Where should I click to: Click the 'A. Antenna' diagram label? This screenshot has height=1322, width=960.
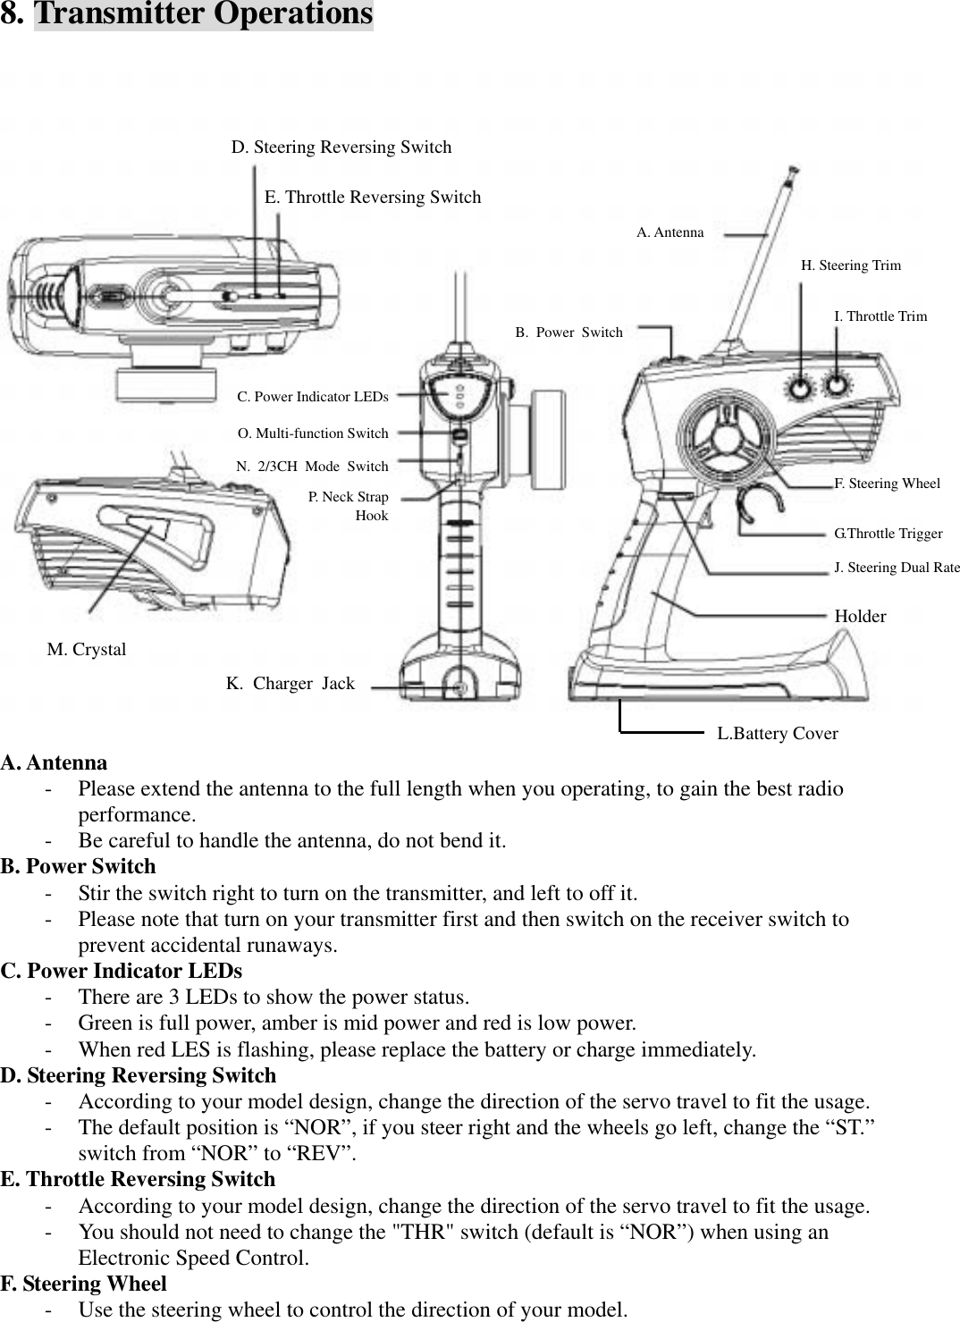(x=669, y=232)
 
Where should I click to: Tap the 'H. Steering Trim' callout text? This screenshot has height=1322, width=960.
(x=850, y=265)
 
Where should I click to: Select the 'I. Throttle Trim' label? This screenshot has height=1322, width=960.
(x=880, y=316)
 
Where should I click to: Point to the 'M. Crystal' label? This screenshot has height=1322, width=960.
(x=87, y=650)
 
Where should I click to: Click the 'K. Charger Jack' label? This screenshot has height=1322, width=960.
(x=291, y=684)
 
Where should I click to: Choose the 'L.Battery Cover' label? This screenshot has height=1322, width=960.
(x=778, y=734)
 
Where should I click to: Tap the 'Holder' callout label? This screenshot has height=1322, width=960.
(x=860, y=617)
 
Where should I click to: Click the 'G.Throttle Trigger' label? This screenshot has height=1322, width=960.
(x=888, y=534)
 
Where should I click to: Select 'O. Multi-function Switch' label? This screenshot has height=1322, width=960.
(x=313, y=434)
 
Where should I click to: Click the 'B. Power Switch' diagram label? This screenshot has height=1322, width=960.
(x=569, y=333)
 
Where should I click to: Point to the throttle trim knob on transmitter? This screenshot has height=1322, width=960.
(x=837, y=384)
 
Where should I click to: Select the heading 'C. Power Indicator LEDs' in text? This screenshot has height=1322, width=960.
(x=122, y=971)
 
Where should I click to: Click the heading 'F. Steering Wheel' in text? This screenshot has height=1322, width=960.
(x=84, y=1284)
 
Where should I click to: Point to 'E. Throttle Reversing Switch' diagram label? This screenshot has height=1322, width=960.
(x=373, y=198)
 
